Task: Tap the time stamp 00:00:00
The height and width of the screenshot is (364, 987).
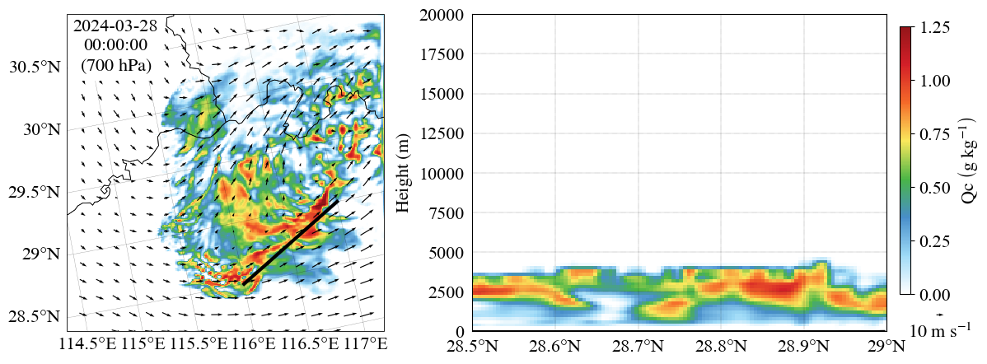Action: click(x=115, y=45)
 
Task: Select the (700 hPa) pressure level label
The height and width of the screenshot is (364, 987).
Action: click(x=115, y=65)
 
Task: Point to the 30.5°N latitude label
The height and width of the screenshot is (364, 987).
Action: click(x=35, y=68)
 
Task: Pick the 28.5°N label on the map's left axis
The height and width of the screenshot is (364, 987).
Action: click(x=35, y=316)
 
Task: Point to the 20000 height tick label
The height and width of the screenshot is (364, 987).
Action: click(x=442, y=16)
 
